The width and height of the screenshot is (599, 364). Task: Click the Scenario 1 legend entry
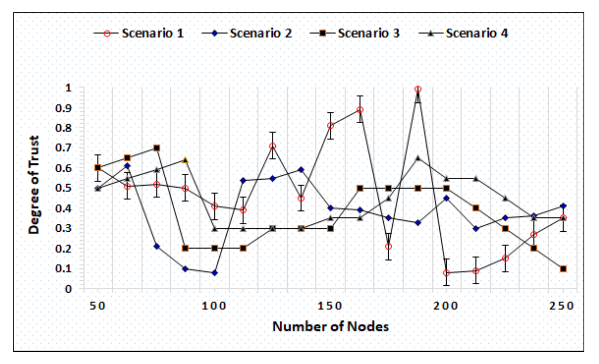tap(152, 33)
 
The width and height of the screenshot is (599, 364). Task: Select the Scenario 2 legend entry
tap(260, 33)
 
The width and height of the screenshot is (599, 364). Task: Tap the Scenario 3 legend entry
tap(369, 33)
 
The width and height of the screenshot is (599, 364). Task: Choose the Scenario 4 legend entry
tap(477, 33)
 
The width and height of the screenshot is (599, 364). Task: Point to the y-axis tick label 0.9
tap(63, 108)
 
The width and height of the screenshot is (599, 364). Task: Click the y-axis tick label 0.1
tap(63, 268)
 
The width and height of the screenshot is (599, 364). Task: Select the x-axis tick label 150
tap(330, 306)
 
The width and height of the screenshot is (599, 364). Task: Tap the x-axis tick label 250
tap(562, 306)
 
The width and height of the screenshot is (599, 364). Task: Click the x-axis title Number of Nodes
tap(330, 326)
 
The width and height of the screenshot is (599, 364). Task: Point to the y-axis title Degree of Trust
tap(34, 185)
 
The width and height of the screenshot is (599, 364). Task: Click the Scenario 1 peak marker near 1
tap(418, 89)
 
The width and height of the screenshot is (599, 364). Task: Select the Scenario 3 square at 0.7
tap(157, 148)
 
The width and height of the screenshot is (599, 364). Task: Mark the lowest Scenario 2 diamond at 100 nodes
tap(215, 273)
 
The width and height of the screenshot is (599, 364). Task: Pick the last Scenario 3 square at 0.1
tap(563, 269)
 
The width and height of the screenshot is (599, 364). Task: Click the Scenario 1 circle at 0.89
tap(360, 110)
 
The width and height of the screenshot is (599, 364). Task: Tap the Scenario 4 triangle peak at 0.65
tap(418, 158)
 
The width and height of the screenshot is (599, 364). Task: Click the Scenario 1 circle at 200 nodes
tap(447, 273)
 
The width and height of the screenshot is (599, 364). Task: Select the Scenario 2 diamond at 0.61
tap(127, 166)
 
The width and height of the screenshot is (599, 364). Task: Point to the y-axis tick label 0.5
tap(63, 188)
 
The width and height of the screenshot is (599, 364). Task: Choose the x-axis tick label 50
tap(97, 306)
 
